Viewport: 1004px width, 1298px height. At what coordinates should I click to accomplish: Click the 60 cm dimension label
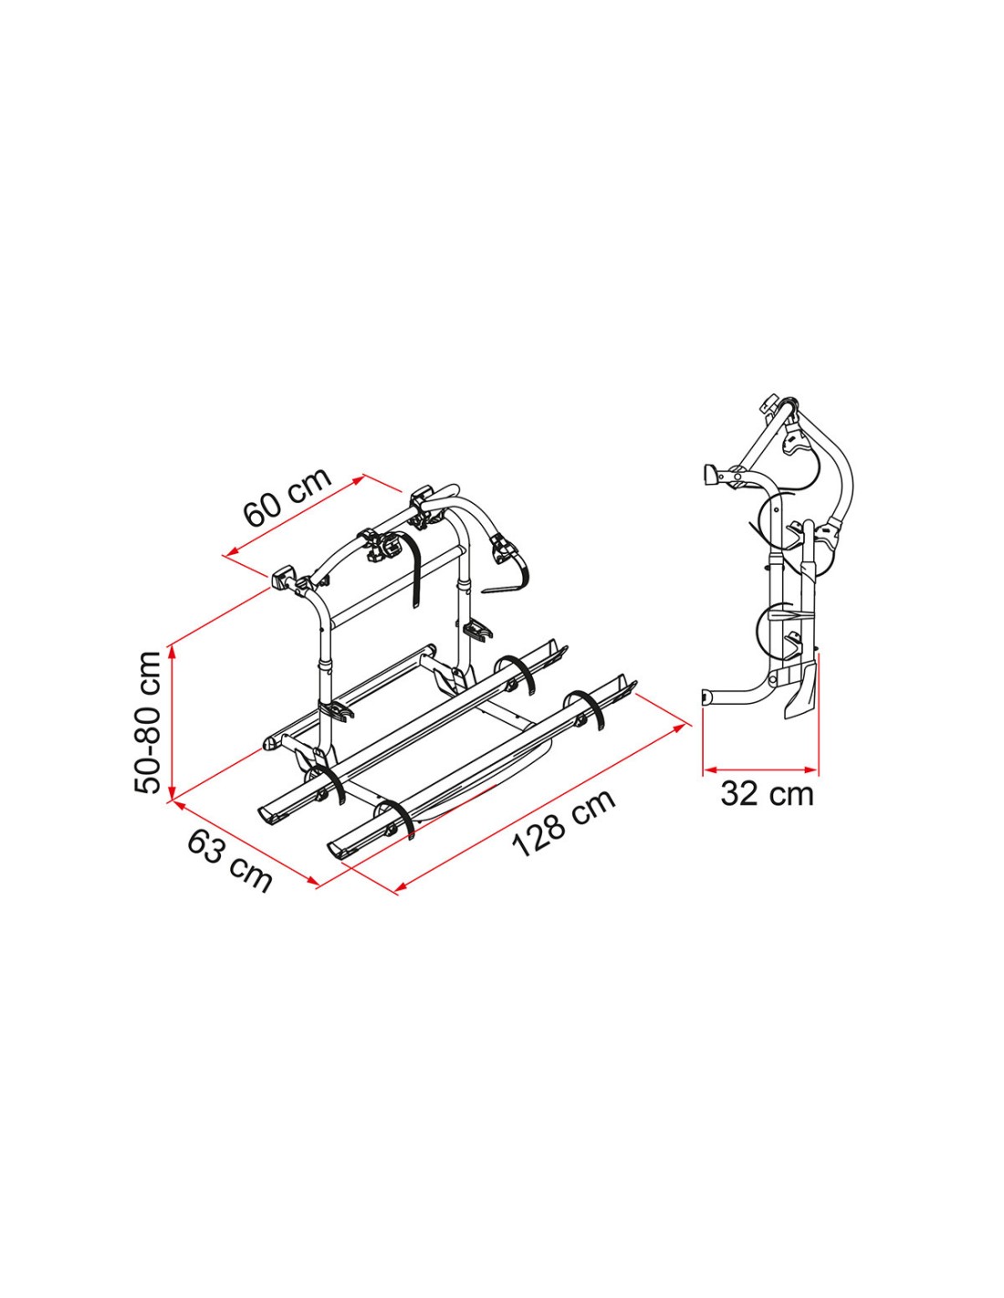288,497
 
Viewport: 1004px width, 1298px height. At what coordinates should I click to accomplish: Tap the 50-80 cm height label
148,722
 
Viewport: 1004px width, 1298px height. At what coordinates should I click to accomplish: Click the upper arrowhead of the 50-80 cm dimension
173,651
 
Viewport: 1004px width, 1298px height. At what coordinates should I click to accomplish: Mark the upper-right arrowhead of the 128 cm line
679,728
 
